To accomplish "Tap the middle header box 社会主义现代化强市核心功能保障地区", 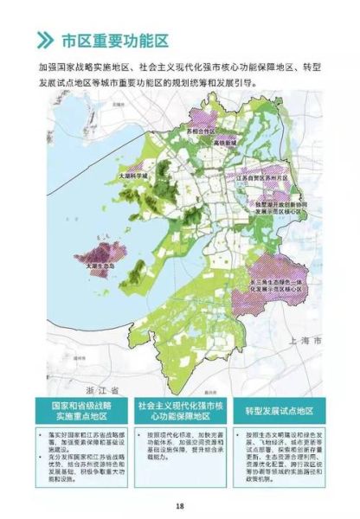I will pyautogui.click(x=179, y=411).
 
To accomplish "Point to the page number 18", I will pyautogui.click(x=180, y=506).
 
